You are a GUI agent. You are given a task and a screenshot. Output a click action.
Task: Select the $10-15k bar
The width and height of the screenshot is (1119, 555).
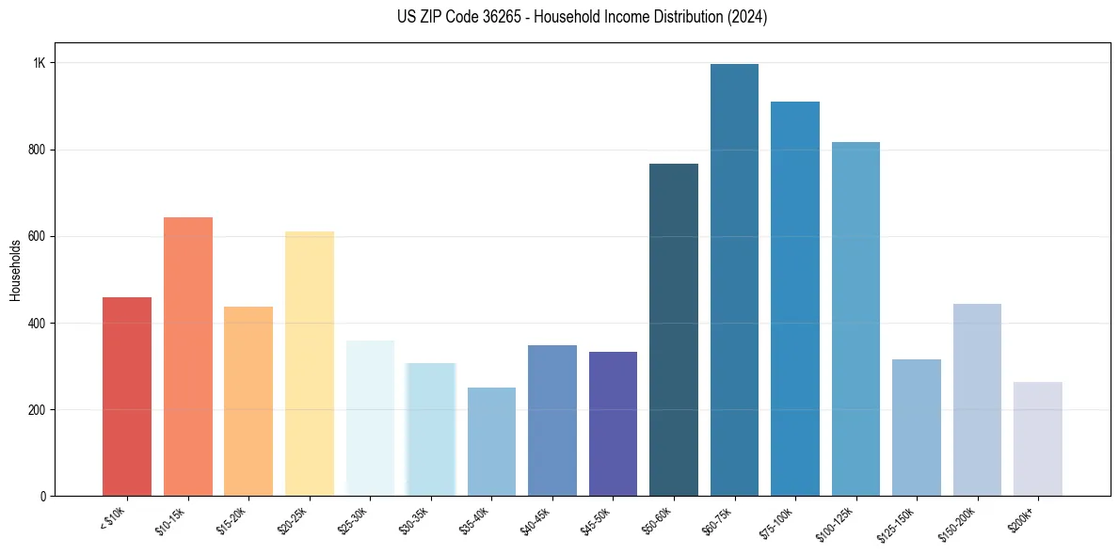(x=188, y=357)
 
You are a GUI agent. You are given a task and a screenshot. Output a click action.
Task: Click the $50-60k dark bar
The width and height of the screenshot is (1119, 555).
(x=674, y=330)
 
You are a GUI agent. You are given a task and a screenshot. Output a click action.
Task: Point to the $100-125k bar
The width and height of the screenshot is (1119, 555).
(x=855, y=319)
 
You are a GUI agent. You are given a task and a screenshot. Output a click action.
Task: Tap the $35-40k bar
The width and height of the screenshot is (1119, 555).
(x=491, y=442)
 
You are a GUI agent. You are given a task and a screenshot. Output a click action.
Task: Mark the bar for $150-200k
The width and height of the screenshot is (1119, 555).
(x=977, y=400)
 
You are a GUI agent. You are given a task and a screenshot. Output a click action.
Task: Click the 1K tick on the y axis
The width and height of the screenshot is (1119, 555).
(x=40, y=63)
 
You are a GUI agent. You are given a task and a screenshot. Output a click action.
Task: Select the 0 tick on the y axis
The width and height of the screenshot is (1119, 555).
(x=44, y=497)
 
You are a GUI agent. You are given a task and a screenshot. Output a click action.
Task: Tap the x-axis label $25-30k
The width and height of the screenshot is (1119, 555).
(x=354, y=521)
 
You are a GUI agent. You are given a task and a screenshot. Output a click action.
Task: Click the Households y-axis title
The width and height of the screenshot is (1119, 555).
(x=16, y=270)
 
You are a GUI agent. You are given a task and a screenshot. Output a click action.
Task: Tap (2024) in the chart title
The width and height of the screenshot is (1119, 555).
(x=746, y=17)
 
